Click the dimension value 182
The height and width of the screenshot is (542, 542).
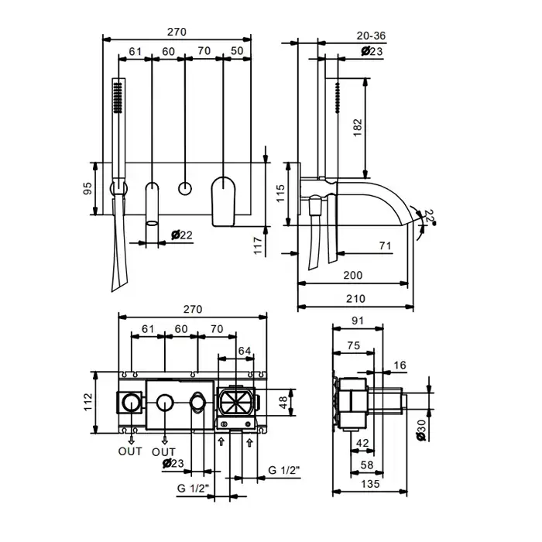(x=358, y=128)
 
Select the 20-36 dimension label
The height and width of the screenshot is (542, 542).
(x=371, y=36)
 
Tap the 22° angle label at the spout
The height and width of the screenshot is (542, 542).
(x=429, y=216)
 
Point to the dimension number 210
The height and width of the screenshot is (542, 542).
(x=355, y=299)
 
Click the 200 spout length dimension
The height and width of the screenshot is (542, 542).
(x=353, y=276)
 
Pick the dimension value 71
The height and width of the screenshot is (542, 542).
(x=385, y=245)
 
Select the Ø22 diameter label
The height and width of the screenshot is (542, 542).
(x=182, y=235)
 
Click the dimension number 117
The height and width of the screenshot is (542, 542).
(x=258, y=245)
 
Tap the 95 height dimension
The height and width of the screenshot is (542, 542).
(x=87, y=188)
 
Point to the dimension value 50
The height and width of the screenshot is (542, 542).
(x=237, y=51)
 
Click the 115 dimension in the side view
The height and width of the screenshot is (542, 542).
(x=280, y=194)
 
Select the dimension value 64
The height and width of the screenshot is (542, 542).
(x=245, y=351)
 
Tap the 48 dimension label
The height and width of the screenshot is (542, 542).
(x=283, y=403)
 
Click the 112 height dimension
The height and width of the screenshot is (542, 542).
(x=88, y=402)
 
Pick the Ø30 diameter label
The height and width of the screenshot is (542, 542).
(x=421, y=431)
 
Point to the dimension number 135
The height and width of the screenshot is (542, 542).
(x=371, y=484)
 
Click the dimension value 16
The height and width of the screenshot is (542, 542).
(x=400, y=365)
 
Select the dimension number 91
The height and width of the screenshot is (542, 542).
(x=358, y=321)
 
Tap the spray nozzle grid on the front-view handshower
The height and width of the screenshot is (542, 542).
(x=118, y=98)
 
